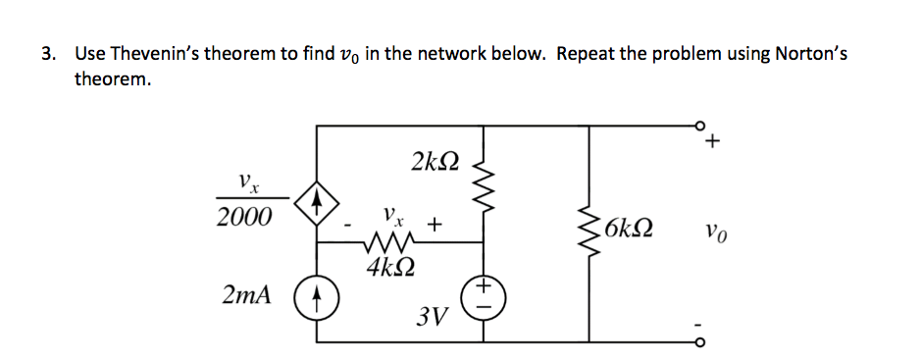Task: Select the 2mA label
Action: [251, 294]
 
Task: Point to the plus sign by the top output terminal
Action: [713, 144]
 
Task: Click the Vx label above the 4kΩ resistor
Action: [390, 213]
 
